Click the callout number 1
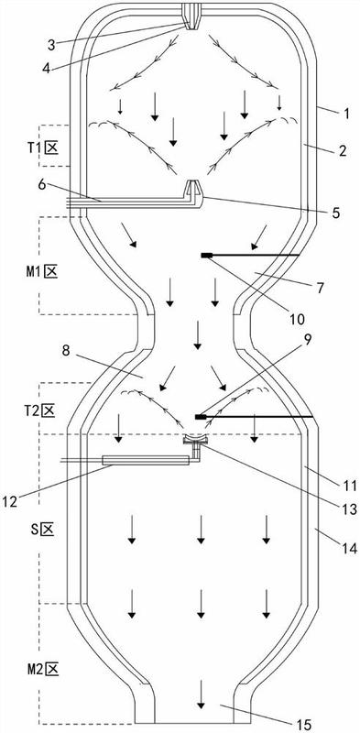click(x=345, y=114)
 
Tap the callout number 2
click(x=343, y=151)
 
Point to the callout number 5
click(x=335, y=213)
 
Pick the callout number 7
click(x=320, y=288)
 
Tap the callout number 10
click(x=298, y=320)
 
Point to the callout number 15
click(x=303, y=725)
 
